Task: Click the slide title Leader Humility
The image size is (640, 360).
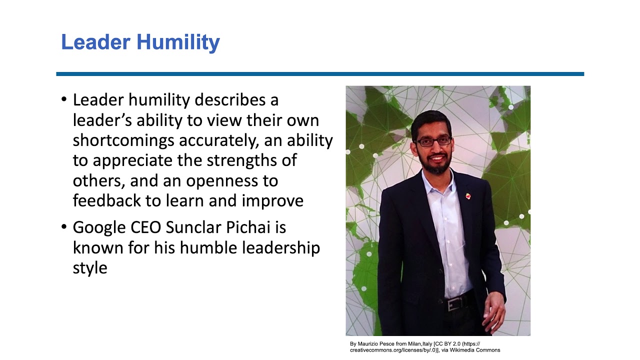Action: point(140,42)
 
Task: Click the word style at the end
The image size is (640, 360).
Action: point(90,267)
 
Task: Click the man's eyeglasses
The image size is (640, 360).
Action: point(433,141)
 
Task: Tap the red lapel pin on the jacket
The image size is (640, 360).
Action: point(467,195)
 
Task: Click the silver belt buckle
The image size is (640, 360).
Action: point(453,304)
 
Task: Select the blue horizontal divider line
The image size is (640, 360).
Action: point(320,74)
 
